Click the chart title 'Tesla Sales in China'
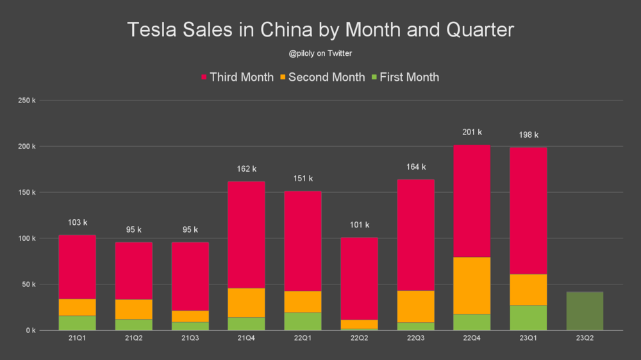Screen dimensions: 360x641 320,30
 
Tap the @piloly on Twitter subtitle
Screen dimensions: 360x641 320,54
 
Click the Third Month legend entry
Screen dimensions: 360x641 237,78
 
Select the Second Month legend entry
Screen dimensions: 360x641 321,78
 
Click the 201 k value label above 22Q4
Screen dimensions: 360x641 472,133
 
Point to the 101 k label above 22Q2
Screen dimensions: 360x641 359,225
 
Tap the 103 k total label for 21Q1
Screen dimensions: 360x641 77,223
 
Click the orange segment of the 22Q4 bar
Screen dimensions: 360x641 472,285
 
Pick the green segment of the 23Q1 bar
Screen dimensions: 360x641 528,318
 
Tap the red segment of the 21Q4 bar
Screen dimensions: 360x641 246,234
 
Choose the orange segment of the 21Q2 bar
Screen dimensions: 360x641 133,309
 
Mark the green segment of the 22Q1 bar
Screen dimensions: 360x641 303,321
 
